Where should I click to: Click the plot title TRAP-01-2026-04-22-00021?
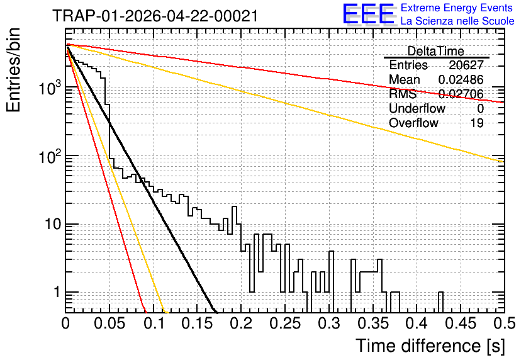(155, 16)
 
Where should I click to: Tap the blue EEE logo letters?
(369, 14)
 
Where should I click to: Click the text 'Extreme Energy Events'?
(457, 8)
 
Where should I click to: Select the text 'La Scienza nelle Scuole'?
(457, 21)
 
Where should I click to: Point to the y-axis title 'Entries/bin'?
(13, 70)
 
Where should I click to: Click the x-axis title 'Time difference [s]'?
(430, 346)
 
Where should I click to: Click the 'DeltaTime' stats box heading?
(435, 51)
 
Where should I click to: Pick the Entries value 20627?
(466, 65)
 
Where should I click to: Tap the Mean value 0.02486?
(461, 79)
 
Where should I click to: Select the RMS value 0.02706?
(461, 94)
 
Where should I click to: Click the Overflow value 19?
(477, 123)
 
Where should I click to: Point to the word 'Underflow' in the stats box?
(417, 108)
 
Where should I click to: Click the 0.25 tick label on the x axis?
(286, 323)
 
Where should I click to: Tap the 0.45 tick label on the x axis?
(461, 323)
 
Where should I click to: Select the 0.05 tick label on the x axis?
(109, 323)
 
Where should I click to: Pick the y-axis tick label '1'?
(57, 292)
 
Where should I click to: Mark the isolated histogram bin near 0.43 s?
(441, 302)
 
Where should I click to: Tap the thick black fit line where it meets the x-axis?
(215, 312)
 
